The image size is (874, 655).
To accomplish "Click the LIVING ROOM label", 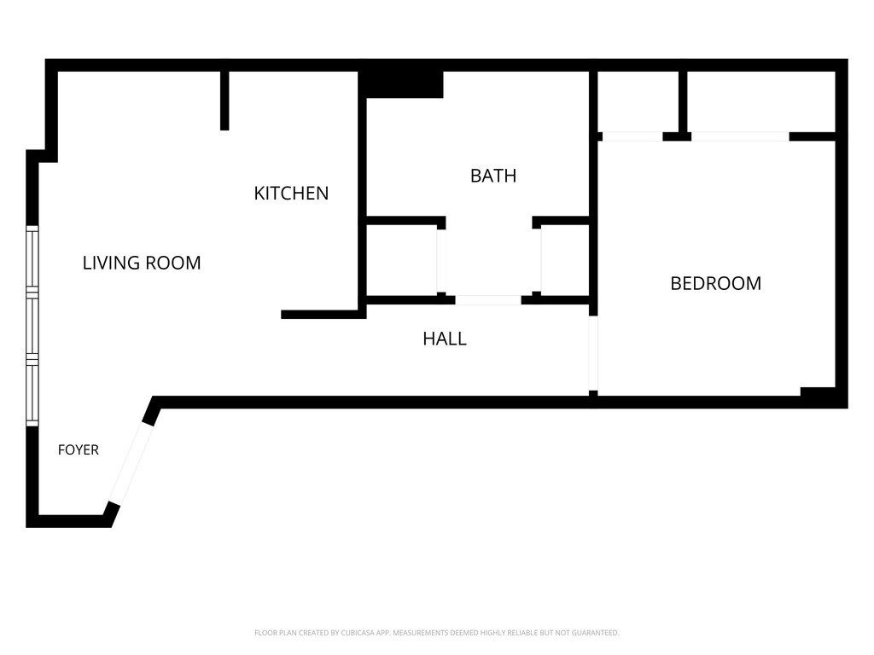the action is coord(142,263).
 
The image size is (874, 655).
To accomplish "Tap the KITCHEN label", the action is coord(291,194).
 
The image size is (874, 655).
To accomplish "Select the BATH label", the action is coord(493,176).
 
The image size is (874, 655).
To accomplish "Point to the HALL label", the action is coord(444,339).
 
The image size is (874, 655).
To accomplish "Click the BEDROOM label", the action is coord(716,283).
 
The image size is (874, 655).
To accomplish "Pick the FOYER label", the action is coord(78,450).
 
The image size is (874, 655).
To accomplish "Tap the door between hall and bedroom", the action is coord(594,353).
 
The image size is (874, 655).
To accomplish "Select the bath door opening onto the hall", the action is coord(488,300).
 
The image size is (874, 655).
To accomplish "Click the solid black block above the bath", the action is coord(401,84).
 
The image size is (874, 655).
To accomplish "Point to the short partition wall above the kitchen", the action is coord(224,101).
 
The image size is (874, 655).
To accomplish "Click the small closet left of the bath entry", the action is coord(401,260).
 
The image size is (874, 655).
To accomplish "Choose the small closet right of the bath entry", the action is coord(565,260).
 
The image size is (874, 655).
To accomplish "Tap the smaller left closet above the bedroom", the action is coord(638,101).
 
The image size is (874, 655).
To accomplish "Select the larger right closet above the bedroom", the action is coord(760,101).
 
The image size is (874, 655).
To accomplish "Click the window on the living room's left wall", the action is coord(32,326).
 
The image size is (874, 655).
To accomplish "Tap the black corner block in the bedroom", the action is coord(818,391).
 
